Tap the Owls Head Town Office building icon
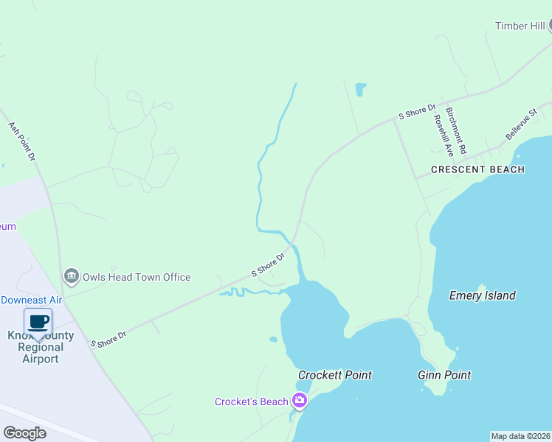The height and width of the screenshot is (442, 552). coord(72,277)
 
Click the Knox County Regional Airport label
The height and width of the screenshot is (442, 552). coord(41,347)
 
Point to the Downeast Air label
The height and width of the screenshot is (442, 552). coord(31,300)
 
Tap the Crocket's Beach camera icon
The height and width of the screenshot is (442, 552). coord(300,401)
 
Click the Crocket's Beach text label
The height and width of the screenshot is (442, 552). coord(251,401)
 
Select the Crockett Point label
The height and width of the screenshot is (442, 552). coord(335,375)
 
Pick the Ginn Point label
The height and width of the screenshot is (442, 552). coord(444,375)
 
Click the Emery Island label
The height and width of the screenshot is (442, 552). coord(483,296)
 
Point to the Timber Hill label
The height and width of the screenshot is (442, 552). coord(520,27)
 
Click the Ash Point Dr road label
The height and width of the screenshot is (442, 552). coord(22,141)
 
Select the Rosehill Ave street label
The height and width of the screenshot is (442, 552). coord(443,136)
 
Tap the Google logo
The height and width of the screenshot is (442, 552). coord(24,432)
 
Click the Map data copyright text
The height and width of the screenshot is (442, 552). coord(520,436)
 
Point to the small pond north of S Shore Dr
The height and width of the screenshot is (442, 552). coord(361,90)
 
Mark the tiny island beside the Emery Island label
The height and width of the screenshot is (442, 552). coord(483,286)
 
